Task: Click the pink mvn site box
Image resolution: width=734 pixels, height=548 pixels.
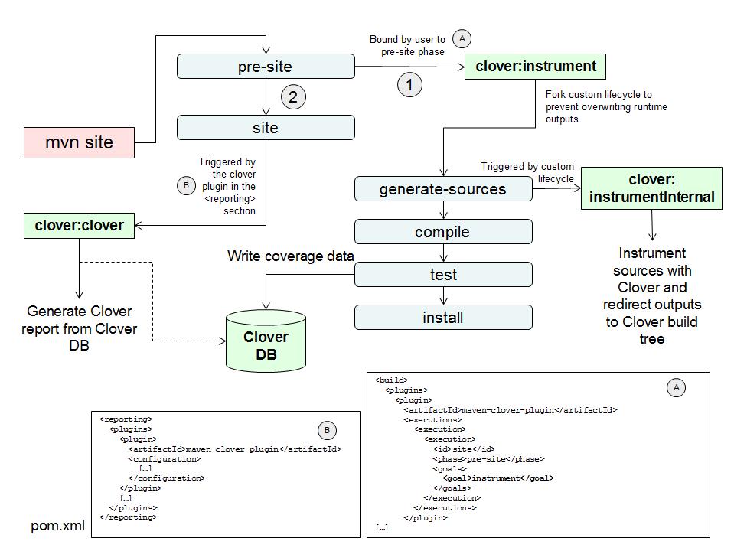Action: tap(79, 143)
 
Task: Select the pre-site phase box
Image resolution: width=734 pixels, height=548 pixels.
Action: tap(266, 67)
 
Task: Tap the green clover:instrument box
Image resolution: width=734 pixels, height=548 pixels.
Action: tap(535, 67)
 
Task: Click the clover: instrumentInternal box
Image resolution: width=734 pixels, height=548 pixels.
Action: tap(651, 188)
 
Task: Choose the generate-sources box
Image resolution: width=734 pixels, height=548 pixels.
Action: tap(443, 189)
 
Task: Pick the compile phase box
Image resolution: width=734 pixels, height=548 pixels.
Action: tap(443, 232)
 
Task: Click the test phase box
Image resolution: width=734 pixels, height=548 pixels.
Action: tap(443, 275)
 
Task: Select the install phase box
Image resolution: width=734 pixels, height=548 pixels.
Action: tap(443, 317)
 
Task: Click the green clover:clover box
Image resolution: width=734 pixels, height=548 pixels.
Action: tap(79, 226)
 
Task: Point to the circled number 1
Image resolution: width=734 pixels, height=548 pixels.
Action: tap(409, 85)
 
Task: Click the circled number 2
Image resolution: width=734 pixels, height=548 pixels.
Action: tap(293, 97)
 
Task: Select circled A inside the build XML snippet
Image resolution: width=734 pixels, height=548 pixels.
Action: tap(676, 388)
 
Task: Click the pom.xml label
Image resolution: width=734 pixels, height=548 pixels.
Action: tap(58, 527)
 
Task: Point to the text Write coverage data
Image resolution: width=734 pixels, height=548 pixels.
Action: tap(290, 256)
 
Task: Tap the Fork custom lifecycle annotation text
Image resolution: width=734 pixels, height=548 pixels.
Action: tap(605, 106)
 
